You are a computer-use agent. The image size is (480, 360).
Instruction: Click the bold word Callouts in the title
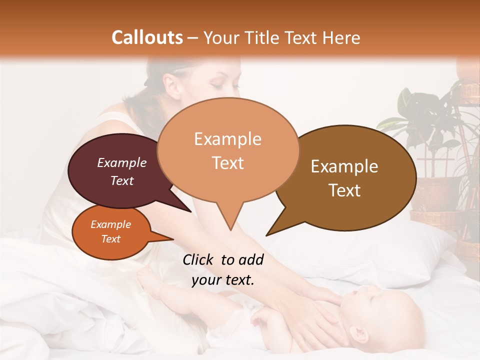click(x=147, y=37)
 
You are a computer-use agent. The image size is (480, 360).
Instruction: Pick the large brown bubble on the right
click(x=350, y=177)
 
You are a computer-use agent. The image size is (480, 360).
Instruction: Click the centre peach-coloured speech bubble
click(x=228, y=150)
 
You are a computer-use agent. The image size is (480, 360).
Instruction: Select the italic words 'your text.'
click(x=223, y=280)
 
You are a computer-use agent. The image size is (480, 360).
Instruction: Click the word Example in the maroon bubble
click(x=122, y=162)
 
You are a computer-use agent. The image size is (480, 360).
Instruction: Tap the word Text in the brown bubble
click(x=345, y=190)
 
